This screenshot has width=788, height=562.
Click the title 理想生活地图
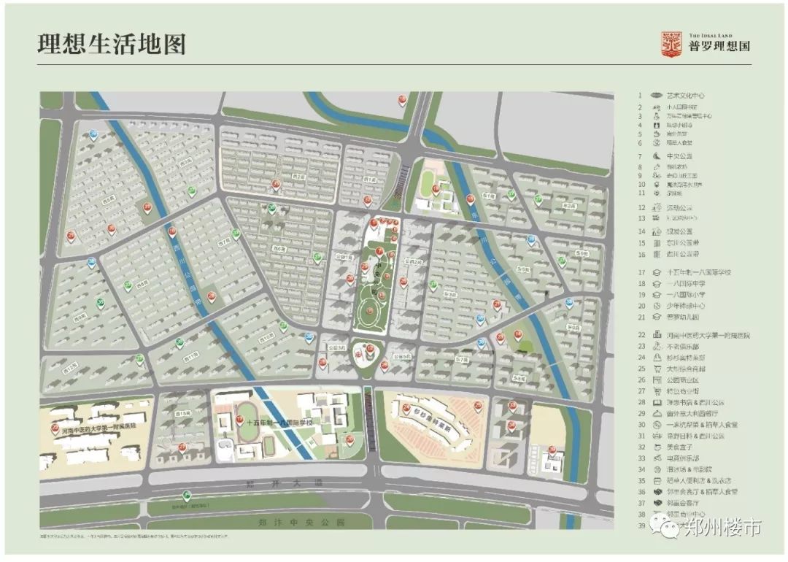click(112, 44)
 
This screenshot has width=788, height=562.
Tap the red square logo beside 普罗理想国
click(671, 44)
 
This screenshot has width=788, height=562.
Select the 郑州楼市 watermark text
click(722, 528)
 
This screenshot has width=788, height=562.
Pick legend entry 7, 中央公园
click(679, 156)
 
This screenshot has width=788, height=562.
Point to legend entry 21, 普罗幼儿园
click(683, 317)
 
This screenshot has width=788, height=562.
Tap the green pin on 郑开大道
click(188, 496)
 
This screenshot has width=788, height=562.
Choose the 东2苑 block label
click(569, 207)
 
